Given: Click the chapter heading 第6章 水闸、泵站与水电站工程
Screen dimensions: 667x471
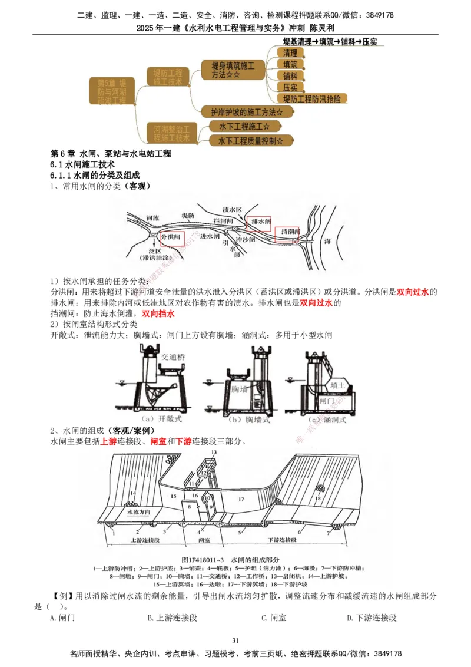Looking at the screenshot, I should [111, 154].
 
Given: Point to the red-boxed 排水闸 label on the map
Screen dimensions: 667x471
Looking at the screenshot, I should [260, 222].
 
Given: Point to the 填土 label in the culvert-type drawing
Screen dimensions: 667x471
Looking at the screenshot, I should [338, 386].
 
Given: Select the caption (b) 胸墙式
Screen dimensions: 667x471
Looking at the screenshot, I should [247, 420].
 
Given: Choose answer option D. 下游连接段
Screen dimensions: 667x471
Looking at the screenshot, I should [371, 618].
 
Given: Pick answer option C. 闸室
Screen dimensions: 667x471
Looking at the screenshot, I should [274, 618].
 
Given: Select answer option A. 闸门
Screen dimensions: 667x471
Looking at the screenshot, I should [62, 618].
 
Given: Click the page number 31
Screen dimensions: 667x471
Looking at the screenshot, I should [235, 640].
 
